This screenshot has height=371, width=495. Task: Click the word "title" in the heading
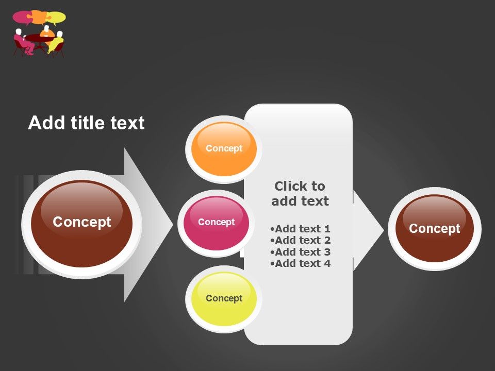(x=87, y=123)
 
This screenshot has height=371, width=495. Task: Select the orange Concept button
(x=224, y=148)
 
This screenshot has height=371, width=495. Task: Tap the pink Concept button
(x=216, y=223)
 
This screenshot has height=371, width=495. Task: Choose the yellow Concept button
(x=224, y=299)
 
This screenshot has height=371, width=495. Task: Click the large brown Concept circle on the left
(x=81, y=223)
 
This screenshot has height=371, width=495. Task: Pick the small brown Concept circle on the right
(x=434, y=229)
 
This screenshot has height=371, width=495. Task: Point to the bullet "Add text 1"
(x=300, y=229)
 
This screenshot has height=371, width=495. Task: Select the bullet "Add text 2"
(x=300, y=240)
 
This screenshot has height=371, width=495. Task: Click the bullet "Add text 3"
(x=300, y=252)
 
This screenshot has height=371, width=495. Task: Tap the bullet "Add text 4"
(x=300, y=263)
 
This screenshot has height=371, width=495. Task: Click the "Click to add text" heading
(x=300, y=193)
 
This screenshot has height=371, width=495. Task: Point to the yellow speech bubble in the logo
(x=56, y=18)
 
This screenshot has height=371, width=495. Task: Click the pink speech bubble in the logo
(x=22, y=17)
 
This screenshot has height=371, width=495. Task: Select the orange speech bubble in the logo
(x=39, y=15)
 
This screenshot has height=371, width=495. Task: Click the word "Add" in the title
(x=41, y=123)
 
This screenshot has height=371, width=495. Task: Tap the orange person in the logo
(x=47, y=32)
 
